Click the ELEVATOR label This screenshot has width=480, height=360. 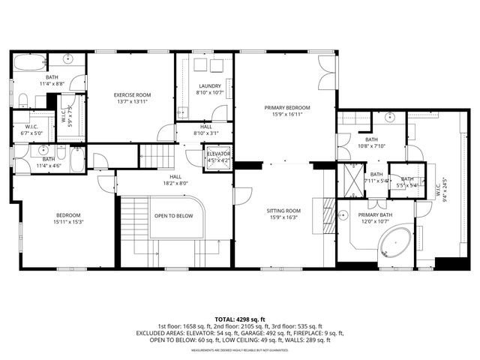(219, 156)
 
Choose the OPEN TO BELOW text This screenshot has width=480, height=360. (174, 216)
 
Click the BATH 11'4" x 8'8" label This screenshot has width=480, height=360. (52, 80)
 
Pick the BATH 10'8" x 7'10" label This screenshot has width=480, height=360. (371, 142)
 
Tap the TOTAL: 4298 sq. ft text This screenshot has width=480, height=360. (239, 319)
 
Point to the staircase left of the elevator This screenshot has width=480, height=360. (156, 156)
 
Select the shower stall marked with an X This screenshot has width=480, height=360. (349, 178)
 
